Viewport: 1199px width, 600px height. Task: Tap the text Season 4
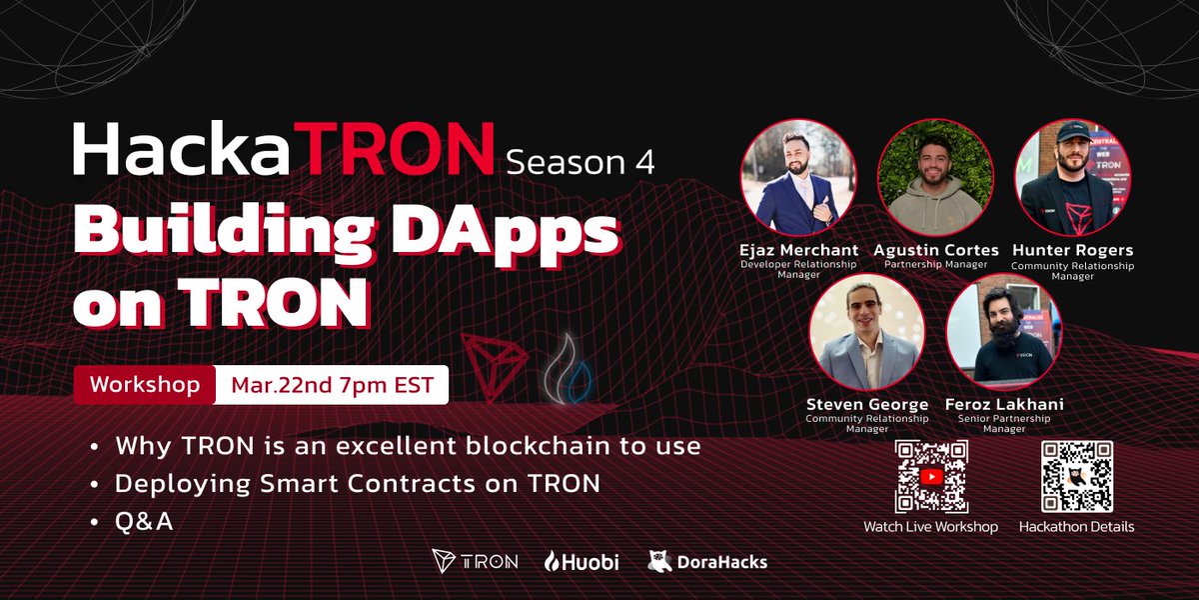tap(580, 161)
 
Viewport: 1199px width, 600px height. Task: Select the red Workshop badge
tap(144, 385)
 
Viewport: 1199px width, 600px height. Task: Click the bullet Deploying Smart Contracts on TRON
tap(357, 483)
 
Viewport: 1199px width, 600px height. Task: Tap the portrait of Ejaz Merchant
tap(797, 176)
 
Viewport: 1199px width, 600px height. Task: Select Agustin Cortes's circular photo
tap(934, 176)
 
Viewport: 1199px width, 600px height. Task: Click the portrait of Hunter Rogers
tap(1071, 176)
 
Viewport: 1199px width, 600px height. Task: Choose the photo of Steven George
tap(866, 332)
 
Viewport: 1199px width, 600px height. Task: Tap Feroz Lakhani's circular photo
tap(1003, 332)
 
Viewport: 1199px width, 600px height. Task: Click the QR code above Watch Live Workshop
tap(930, 477)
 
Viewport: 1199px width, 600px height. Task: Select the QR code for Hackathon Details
tap(1076, 477)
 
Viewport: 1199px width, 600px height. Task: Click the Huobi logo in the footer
tap(582, 562)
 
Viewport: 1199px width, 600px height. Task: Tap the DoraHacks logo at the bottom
tap(707, 562)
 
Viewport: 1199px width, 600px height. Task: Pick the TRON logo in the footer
tap(475, 562)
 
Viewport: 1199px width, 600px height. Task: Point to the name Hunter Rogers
tap(1072, 250)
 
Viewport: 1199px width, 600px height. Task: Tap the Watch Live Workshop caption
tap(930, 526)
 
